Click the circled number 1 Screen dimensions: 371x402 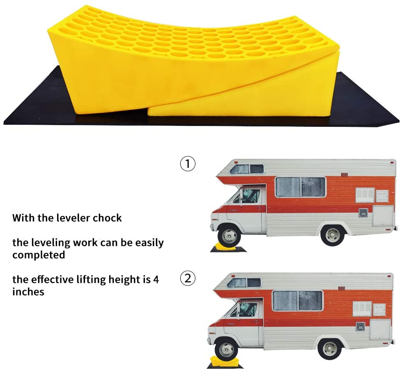(188, 164)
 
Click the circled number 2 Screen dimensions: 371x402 (188, 279)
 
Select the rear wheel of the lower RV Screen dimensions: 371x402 (330, 348)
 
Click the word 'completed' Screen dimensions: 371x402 (39, 255)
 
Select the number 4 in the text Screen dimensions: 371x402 (156, 279)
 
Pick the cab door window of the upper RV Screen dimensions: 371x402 (250, 196)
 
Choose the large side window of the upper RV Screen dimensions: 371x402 (301, 187)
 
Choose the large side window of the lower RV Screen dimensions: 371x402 (298, 301)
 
